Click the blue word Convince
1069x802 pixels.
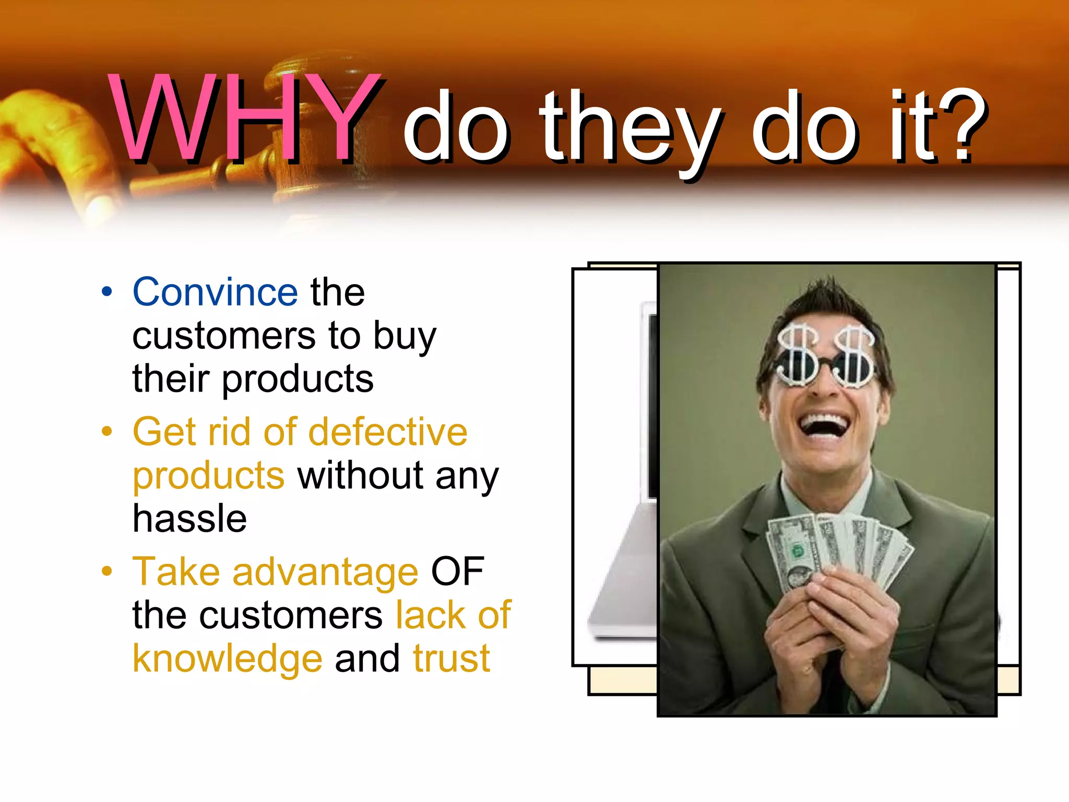point(215,292)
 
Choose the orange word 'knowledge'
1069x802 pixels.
point(228,659)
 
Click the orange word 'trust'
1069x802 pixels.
point(452,659)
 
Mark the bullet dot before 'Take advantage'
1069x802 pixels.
point(107,571)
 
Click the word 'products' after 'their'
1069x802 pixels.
point(298,380)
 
